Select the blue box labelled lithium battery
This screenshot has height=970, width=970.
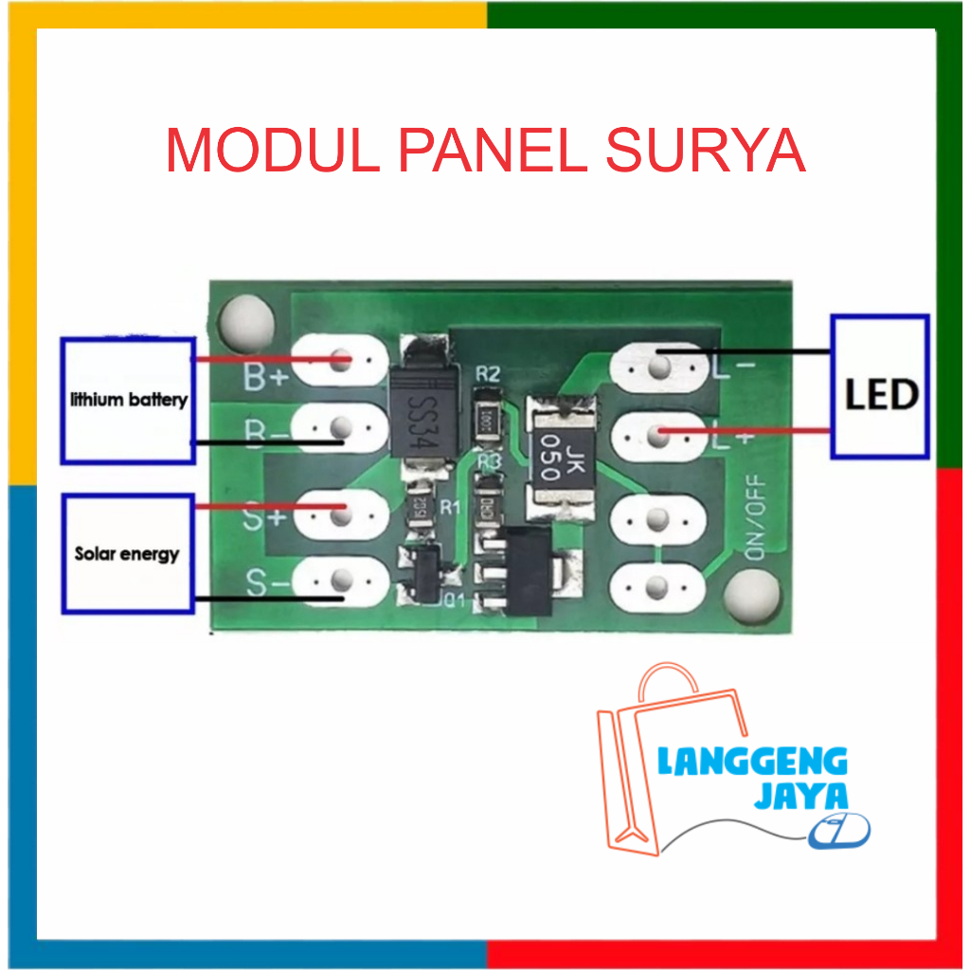pos(128,400)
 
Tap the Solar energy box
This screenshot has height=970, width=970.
pos(128,552)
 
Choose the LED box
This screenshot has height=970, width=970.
pos(879,386)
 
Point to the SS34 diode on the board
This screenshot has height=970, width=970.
pos(417,409)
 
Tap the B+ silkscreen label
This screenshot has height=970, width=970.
pos(265,378)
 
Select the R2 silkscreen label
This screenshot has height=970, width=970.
pos(488,374)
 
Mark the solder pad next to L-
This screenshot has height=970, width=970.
pos(658,361)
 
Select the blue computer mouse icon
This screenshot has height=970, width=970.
pos(841,831)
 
